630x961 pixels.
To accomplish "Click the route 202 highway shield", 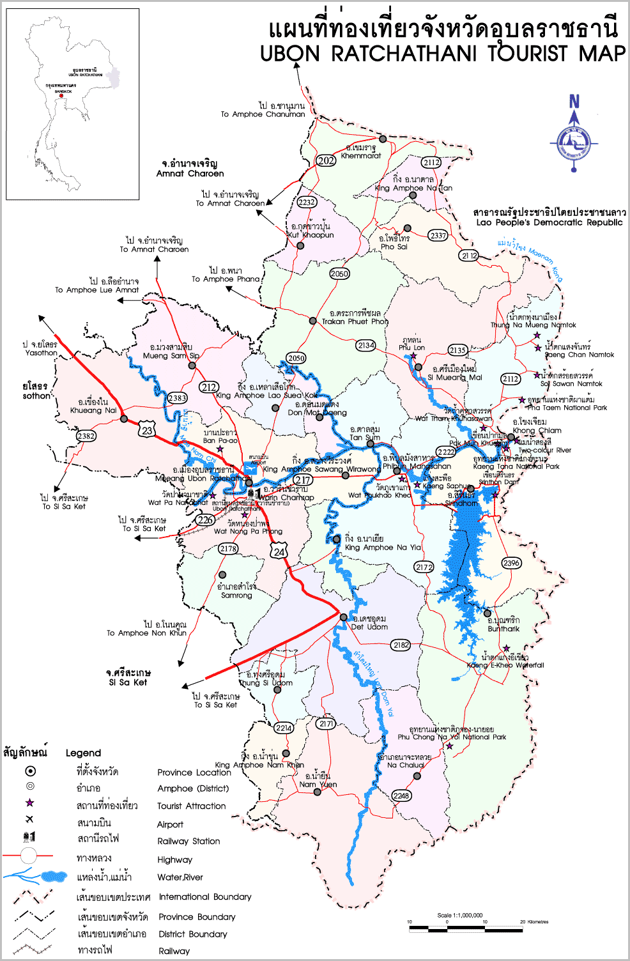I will click(326, 160).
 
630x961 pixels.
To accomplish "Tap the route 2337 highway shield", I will click(438, 235).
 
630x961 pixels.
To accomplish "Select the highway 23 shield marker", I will click(147, 430).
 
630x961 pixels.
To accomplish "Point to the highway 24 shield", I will click(279, 551).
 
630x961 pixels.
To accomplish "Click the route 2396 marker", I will click(511, 563).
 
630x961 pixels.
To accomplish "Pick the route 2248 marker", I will click(401, 796).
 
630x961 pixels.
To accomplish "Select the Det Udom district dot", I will click(344, 617).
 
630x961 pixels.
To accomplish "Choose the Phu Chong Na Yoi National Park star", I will click(450, 746).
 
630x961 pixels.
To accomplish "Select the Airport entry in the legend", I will click(170, 824).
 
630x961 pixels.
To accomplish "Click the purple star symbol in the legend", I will click(29, 803).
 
